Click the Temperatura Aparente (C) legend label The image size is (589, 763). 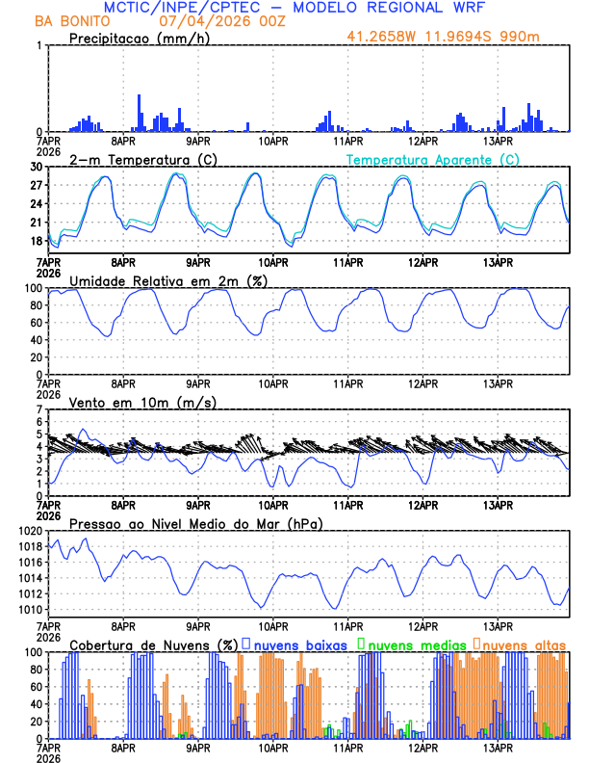(x=433, y=159)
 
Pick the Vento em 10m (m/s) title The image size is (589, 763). (x=143, y=402)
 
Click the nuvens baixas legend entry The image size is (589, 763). (x=300, y=645)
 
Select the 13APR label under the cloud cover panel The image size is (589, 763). (x=498, y=747)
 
